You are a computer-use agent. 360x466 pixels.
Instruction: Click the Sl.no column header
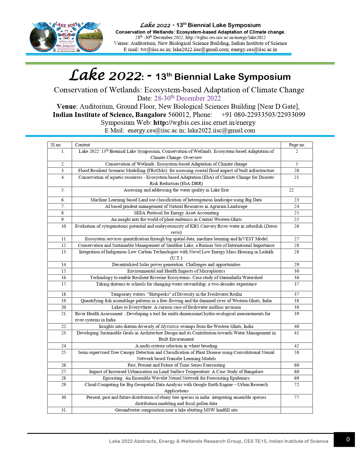tap(56, 145)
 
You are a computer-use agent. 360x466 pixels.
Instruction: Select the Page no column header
tap(296, 145)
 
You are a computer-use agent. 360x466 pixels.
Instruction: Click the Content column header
tap(82, 145)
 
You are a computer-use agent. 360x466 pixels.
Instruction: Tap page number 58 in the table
tap(296, 352)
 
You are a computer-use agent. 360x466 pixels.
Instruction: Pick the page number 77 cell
tap(296, 397)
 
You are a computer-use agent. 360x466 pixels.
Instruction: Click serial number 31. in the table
tap(64, 410)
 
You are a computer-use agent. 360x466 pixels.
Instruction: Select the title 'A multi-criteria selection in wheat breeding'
tap(176, 346)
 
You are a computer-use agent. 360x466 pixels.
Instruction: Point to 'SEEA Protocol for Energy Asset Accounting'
tap(176, 213)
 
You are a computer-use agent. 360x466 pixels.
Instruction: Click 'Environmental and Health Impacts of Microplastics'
tap(176, 271)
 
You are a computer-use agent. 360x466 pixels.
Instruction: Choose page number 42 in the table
tap(296, 346)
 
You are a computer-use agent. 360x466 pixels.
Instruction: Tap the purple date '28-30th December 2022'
tap(187, 98)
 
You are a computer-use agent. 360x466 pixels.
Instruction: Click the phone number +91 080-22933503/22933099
tap(263, 115)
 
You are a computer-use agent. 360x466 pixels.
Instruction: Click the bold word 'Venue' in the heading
tap(66, 106)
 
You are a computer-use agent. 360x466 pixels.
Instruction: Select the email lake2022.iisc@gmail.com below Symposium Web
tap(221, 130)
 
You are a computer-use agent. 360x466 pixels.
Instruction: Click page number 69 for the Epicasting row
tap(296, 378)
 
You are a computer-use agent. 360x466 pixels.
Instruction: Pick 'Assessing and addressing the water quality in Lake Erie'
tap(176, 190)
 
